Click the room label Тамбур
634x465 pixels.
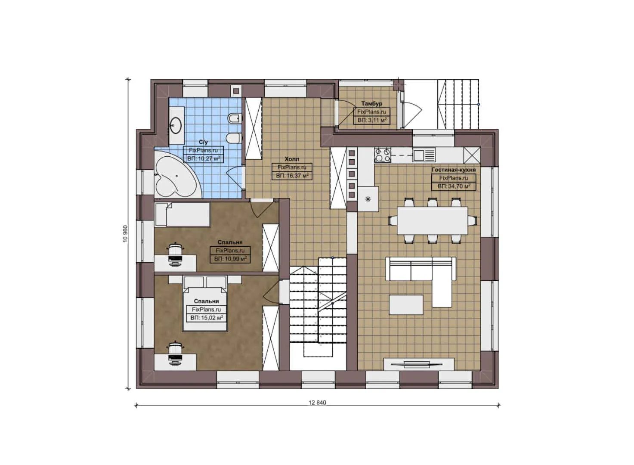point(371,104)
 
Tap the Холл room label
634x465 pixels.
point(292,159)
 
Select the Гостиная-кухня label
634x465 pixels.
point(453,170)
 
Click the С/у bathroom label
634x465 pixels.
point(203,142)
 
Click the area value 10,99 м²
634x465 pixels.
point(230,259)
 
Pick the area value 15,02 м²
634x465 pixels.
point(207,318)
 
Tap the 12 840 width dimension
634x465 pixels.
point(318,403)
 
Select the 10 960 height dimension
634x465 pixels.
point(125,234)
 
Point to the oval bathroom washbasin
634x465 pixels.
point(176,125)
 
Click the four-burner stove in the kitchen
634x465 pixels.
point(383,155)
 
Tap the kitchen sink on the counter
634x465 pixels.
point(424,155)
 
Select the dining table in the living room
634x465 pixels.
point(433,220)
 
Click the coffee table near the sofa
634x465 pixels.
point(406,305)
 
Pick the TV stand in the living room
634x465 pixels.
point(419,364)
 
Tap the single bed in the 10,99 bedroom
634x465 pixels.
point(182,215)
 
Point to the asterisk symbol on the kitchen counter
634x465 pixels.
point(368,199)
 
